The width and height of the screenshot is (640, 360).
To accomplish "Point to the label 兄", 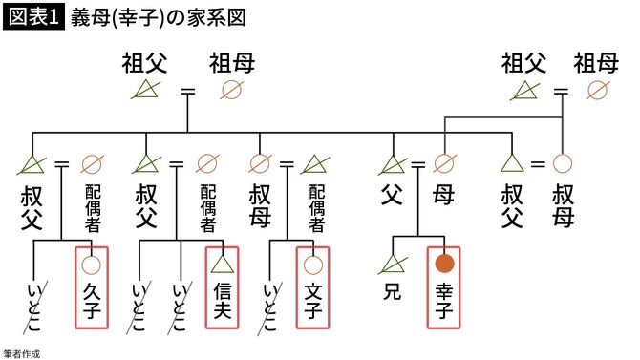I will pyautogui.click(x=392, y=287).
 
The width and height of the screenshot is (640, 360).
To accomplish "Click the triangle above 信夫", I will pyautogui.click(x=222, y=263).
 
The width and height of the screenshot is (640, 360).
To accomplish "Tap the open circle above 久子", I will pyautogui.click(x=92, y=263).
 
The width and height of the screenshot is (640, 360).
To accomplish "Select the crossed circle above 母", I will pyautogui.click(x=443, y=163).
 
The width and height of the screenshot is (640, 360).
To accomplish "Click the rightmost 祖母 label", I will pyautogui.click(x=595, y=64).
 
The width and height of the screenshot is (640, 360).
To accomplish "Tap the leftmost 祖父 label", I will pyautogui.click(x=144, y=64).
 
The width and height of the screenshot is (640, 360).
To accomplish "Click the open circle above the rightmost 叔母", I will pyautogui.click(x=563, y=163).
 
